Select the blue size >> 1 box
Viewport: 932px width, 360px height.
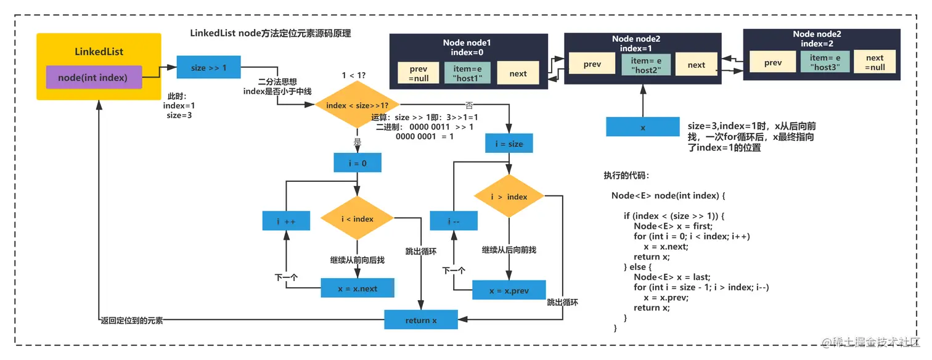(208, 67)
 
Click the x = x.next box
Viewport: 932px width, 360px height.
(357, 288)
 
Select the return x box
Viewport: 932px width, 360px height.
(421, 319)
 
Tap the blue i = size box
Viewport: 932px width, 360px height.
(509, 144)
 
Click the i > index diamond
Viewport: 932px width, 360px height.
(509, 196)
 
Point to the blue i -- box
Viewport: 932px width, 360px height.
(454, 220)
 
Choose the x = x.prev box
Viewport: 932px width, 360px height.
(509, 290)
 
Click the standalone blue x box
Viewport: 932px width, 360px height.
(642, 127)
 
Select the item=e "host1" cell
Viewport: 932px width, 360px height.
(467, 73)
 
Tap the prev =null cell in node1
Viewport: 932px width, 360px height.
(419, 73)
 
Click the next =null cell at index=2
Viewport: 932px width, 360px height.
(874, 62)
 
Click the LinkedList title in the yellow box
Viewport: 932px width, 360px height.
(99, 51)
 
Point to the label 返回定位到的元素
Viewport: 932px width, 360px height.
(132, 320)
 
